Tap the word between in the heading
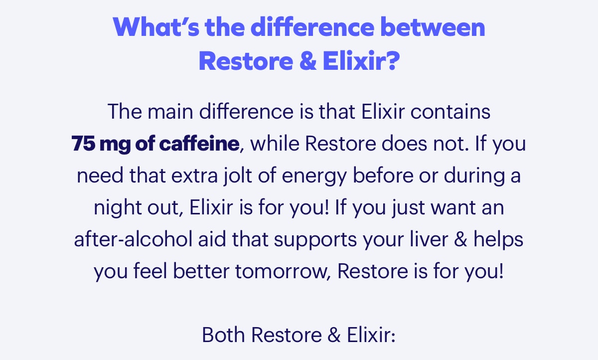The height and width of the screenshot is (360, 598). (432, 28)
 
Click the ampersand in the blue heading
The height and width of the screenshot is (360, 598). (302, 61)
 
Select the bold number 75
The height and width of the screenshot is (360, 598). (83, 144)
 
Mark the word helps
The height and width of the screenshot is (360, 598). (498, 240)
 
